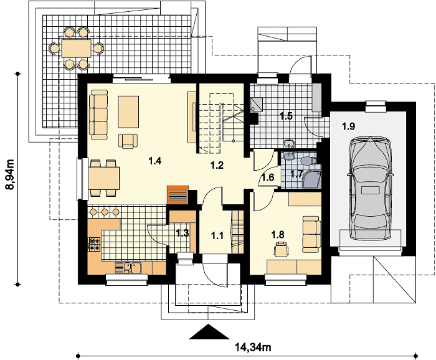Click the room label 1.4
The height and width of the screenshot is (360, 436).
point(155,161)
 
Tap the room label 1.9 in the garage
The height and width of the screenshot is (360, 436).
point(348,126)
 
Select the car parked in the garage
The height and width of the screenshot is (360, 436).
point(371,188)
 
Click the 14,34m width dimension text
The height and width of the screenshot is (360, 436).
point(253,347)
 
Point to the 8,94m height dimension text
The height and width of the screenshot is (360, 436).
point(11,174)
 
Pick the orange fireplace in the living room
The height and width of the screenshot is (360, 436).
point(178,195)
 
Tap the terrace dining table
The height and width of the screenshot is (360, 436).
point(77,49)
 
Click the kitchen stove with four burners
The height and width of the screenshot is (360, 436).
point(94,244)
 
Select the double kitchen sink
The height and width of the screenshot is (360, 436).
point(128,268)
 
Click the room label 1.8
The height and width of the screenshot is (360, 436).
point(278,234)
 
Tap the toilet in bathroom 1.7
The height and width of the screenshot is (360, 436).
point(308,161)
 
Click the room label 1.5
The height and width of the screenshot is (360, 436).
point(286,116)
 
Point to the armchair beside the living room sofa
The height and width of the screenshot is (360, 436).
point(128,141)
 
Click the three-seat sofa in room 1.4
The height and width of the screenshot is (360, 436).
point(98,114)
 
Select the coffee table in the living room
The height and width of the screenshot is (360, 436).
point(128,111)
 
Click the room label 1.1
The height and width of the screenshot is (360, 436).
point(217,235)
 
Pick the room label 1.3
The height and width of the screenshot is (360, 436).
point(182,233)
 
